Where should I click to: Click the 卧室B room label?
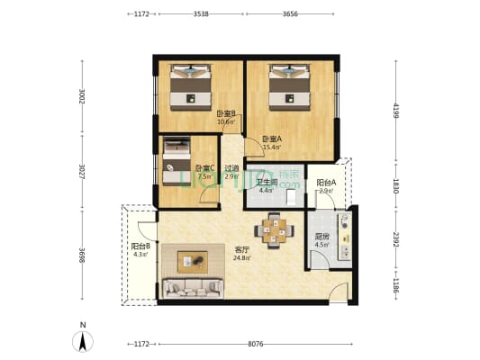click(x=226, y=113)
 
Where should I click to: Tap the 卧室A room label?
click(x=272, y=139)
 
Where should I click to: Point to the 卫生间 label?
click(x=265, y=183)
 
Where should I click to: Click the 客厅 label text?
click(x=241, y=249)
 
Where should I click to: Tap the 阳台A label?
click(x=326, y=184)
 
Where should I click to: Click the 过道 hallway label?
click(x=231, y=167)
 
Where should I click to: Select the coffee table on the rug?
click(x=191, y=260)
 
